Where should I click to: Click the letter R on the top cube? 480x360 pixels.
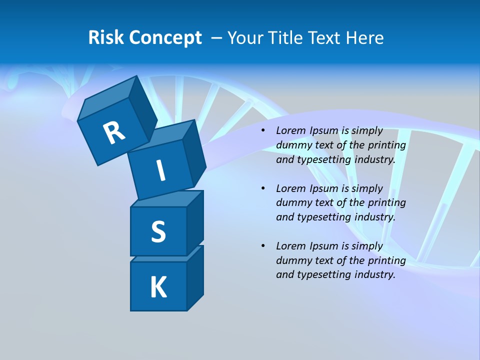coord(114,132)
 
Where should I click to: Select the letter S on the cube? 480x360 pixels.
coord(158,231)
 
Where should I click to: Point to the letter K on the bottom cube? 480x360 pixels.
coord(158,287)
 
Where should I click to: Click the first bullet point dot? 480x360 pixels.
coord(262,131)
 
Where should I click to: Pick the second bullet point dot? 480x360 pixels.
coord(262,188)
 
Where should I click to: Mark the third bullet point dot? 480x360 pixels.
coord(262,246)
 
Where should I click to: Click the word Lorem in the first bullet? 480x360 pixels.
coord(290,131)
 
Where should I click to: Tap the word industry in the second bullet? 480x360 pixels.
coord(374,217)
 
